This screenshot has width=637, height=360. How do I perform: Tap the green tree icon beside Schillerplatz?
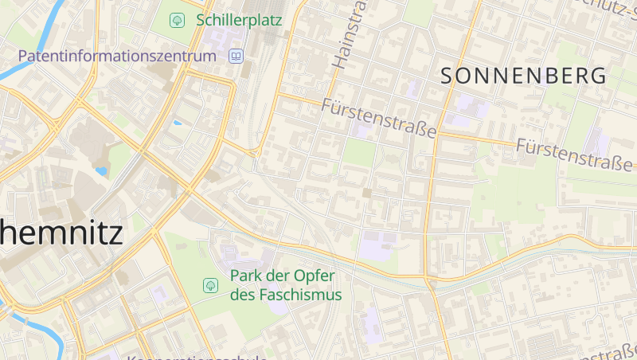click(178, 19)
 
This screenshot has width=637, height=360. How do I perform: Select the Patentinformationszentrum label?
click(117, 57)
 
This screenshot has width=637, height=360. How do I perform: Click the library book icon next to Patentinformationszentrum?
click(236, 57)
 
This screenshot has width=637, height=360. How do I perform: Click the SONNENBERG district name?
click(523, 76)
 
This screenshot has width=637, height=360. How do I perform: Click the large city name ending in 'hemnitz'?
click(61, 233)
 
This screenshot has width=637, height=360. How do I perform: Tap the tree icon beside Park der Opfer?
click(211, 284)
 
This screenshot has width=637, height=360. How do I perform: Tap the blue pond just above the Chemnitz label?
click(101, 170)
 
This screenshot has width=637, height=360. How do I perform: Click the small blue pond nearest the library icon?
click(177, 123)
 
